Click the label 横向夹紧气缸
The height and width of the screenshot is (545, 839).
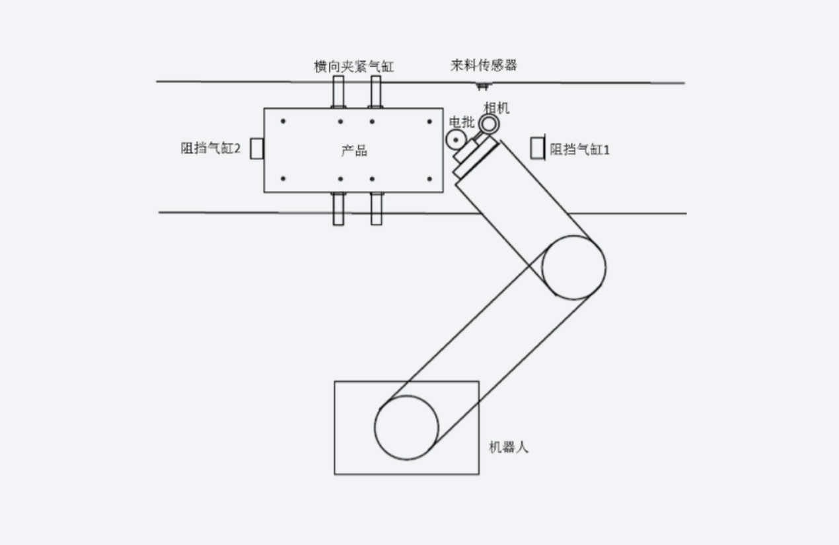[x=353, y=67]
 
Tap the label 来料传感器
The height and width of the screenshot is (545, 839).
[x=484, y=65]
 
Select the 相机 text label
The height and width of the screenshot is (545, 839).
[x=497, y=108]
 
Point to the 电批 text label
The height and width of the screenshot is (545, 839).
[x=461, y=122]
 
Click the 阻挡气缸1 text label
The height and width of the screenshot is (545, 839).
[x=580, y=150]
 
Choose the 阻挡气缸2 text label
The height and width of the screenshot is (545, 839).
[x=211, y=149]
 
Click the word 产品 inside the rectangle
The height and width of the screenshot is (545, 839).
[x=353, y=151]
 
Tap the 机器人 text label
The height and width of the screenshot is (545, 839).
[x=508, y=447]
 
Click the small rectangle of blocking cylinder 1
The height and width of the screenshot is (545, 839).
[x=537, y=148]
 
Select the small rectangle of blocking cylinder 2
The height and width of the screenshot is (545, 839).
[x=257, y=149]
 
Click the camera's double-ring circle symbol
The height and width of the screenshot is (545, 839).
[x=489, y=124]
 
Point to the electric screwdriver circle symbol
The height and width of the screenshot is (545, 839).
[x=455, y=139]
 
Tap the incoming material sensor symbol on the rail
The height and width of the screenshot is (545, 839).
[x=483, y=85]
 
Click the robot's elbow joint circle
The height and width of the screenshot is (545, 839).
[x=573, y=268]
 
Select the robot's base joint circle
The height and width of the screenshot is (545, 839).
[x=406, y=427]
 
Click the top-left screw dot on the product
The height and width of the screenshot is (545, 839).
[x=283, y=122]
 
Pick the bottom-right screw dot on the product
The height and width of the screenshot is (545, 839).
[x=429, y=178]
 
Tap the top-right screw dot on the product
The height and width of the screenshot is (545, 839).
[x=429, y=122]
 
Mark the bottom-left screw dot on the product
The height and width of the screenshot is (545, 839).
[x=283, y=178]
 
